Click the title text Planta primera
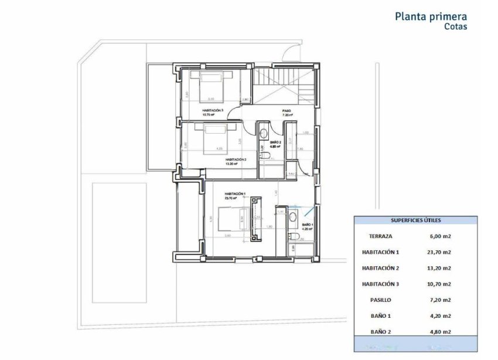[x=431, y=16]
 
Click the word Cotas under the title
[x=455, y=27]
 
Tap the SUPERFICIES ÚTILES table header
[x=415, y=220]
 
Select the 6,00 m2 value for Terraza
[x=439, y=237]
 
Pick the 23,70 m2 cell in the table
[x=439, y=253]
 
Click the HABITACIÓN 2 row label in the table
[x=380, y=269]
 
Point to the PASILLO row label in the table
[x=380, y=300]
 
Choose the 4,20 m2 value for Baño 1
[x=439, y=316]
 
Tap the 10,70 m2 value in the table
[x=439, y=284]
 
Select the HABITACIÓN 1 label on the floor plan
[x=235, y=194]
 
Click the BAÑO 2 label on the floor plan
[x=275, y=142]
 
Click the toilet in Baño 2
[x=265, y=155]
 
